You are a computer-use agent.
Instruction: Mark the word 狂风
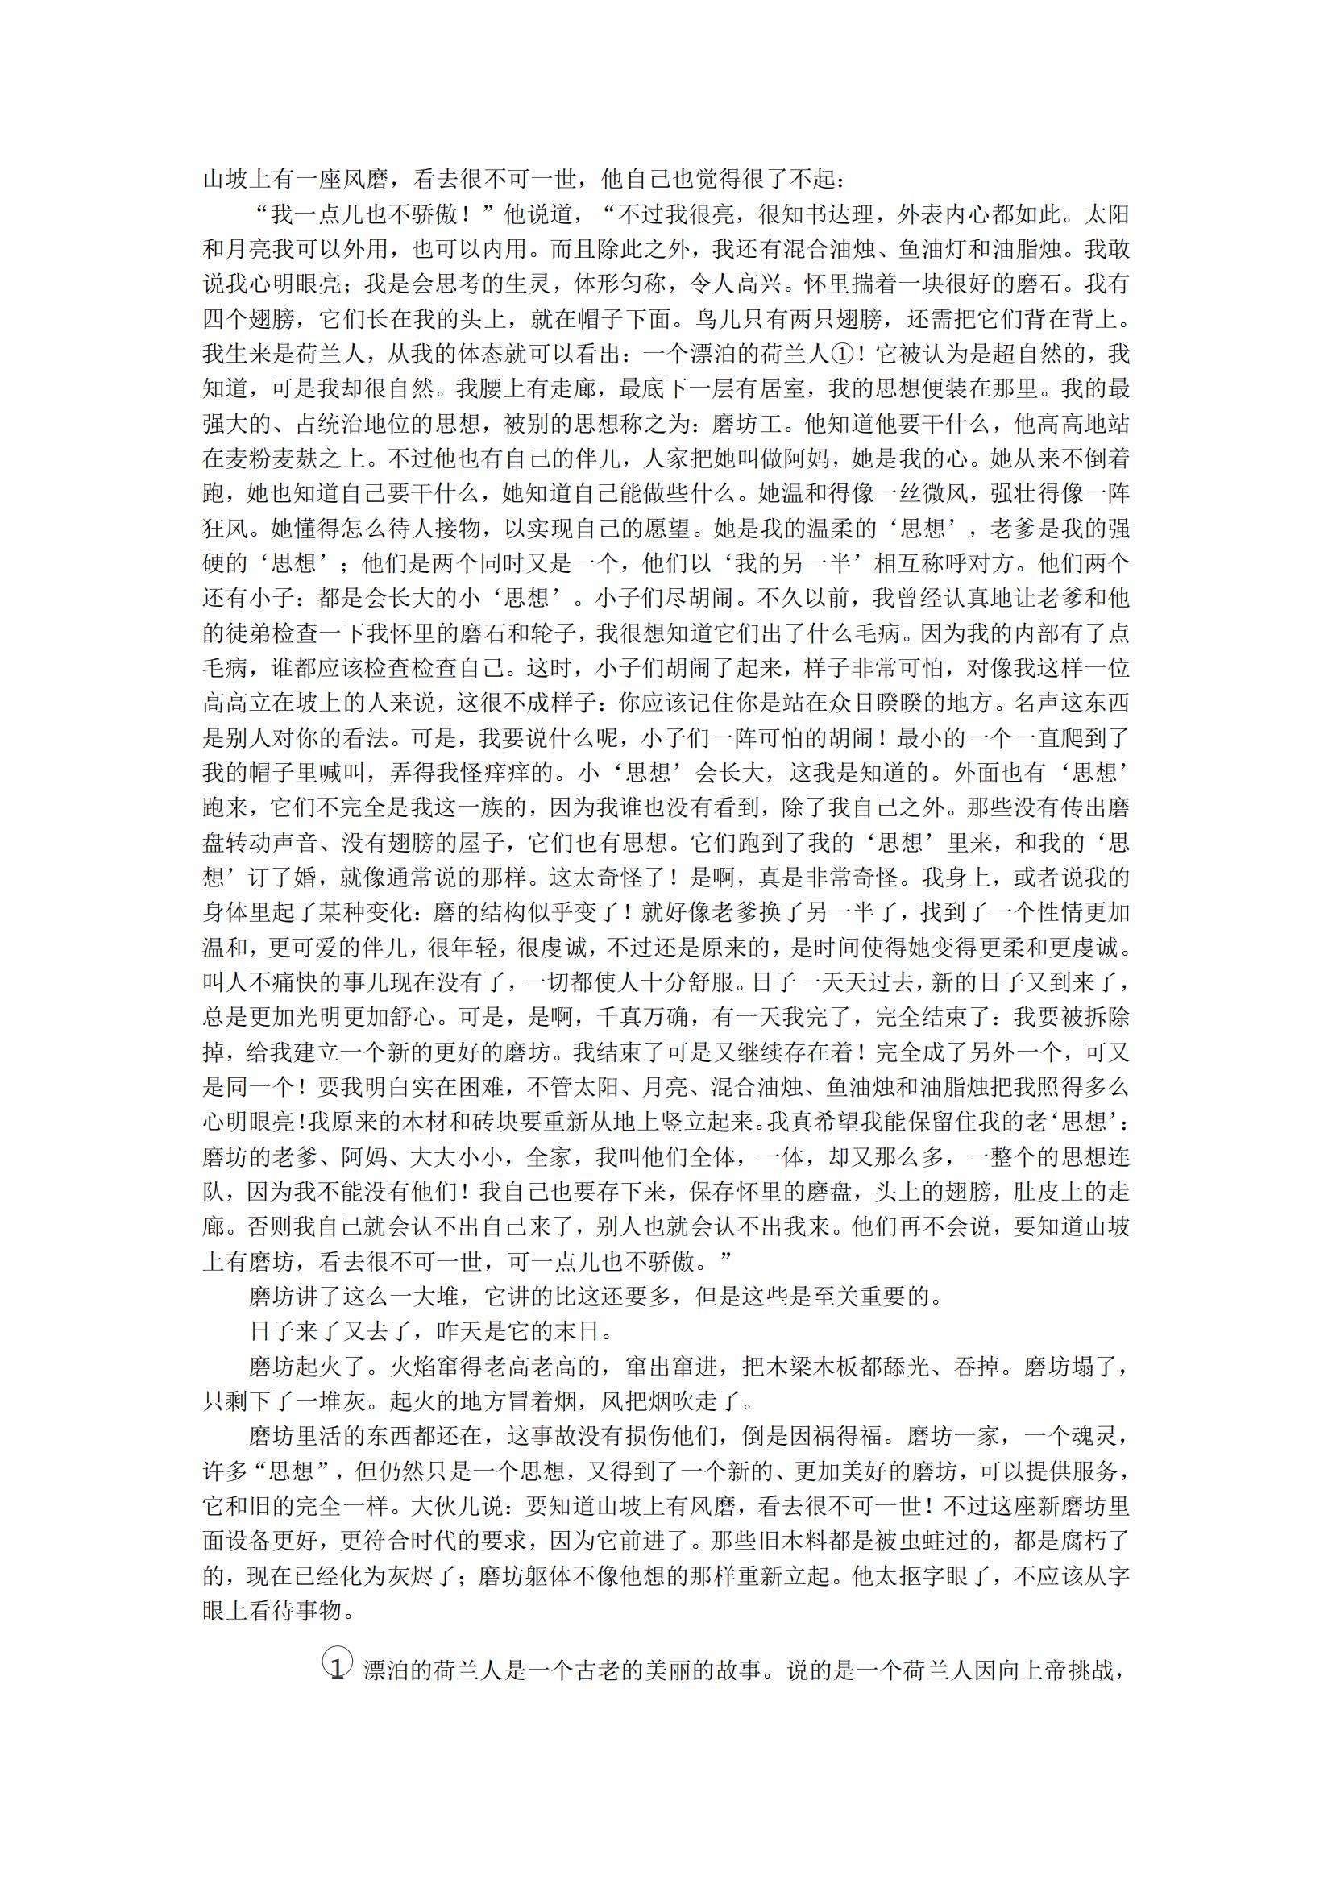[x=226, y=529]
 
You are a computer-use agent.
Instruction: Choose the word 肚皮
[x=1015, y=1193]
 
